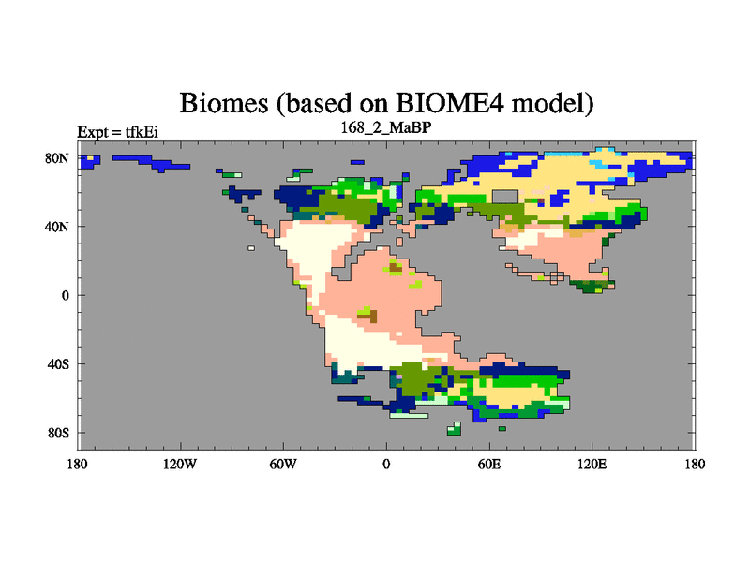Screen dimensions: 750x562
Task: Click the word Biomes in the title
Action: pos(224,103)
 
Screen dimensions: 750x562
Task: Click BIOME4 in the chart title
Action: pos(450,103)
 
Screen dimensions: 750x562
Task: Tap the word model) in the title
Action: pos(552,104)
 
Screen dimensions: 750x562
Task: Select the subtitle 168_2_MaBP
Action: pos(386,127)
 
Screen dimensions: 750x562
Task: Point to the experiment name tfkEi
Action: pos(142,132)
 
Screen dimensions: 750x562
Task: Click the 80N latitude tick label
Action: pos(57,158)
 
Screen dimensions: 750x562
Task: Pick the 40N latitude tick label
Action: pos(57,227)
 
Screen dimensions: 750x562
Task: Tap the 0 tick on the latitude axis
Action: pos(65,295)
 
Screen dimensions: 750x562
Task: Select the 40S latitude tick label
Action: pos(58,364)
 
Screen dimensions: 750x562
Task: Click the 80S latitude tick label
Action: pos(58,433)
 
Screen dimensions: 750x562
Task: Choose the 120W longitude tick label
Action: pos(180,464)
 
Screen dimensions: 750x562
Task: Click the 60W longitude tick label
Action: pos(283,464)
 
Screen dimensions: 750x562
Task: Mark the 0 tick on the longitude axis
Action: pos(386,464)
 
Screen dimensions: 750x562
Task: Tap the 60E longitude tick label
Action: pos(489,464)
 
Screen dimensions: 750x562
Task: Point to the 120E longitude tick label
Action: pos(592,464)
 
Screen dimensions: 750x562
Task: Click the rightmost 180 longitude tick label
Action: pos(695,464)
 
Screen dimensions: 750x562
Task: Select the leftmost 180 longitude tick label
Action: pos(78,464)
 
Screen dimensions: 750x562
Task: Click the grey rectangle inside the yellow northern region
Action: pos(505,197)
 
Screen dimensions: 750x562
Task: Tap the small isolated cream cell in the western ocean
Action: pos(251,248)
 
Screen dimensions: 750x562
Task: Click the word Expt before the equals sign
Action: pos(93,132)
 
